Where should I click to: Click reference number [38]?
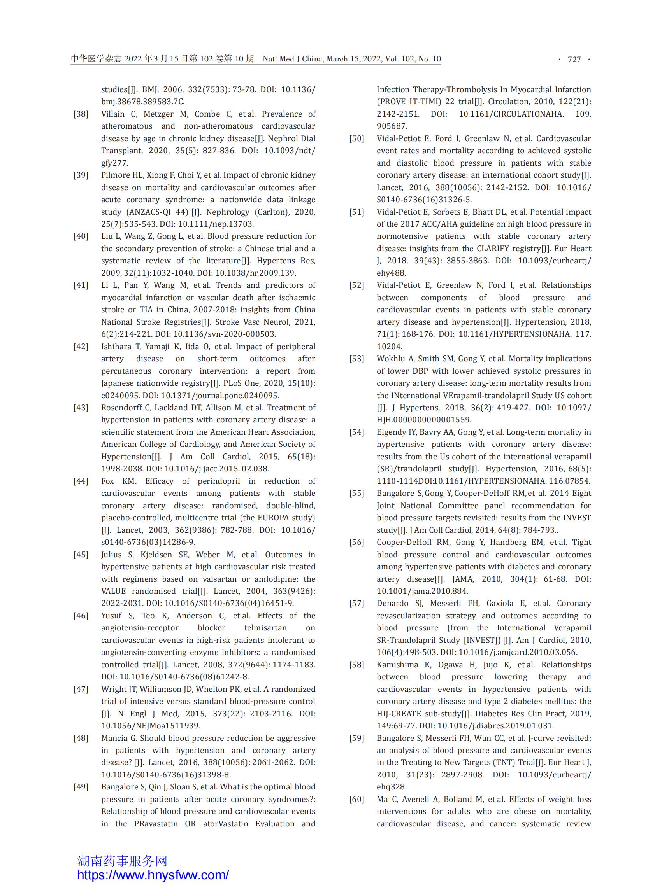point(81,114)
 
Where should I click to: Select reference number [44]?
point(81,481)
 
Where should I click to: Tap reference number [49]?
point(81,787)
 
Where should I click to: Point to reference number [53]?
point(356,359)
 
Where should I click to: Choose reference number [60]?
point(356,799)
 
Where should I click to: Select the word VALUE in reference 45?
point(113,591)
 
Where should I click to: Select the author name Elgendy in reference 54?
point(391,432)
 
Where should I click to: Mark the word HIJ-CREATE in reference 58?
point(399,714)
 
